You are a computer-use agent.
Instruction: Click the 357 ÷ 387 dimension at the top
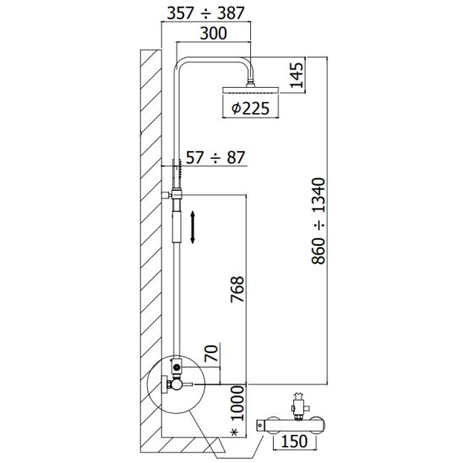tap(206, 14)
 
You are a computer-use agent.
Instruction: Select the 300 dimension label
tap(214, 33)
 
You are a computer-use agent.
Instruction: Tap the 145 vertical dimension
tap(297, 75)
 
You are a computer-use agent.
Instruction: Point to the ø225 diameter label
tap(250, 108)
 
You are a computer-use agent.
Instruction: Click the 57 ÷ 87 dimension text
tap(215, 158)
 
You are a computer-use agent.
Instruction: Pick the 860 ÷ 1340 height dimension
tap(319, 221)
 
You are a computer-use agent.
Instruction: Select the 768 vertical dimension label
tap(237, 289)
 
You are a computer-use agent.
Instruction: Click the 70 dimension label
tap(211, 353)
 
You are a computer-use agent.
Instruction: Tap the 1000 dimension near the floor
tap(237, 403)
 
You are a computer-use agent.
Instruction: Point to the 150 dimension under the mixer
tap(294, 441)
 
